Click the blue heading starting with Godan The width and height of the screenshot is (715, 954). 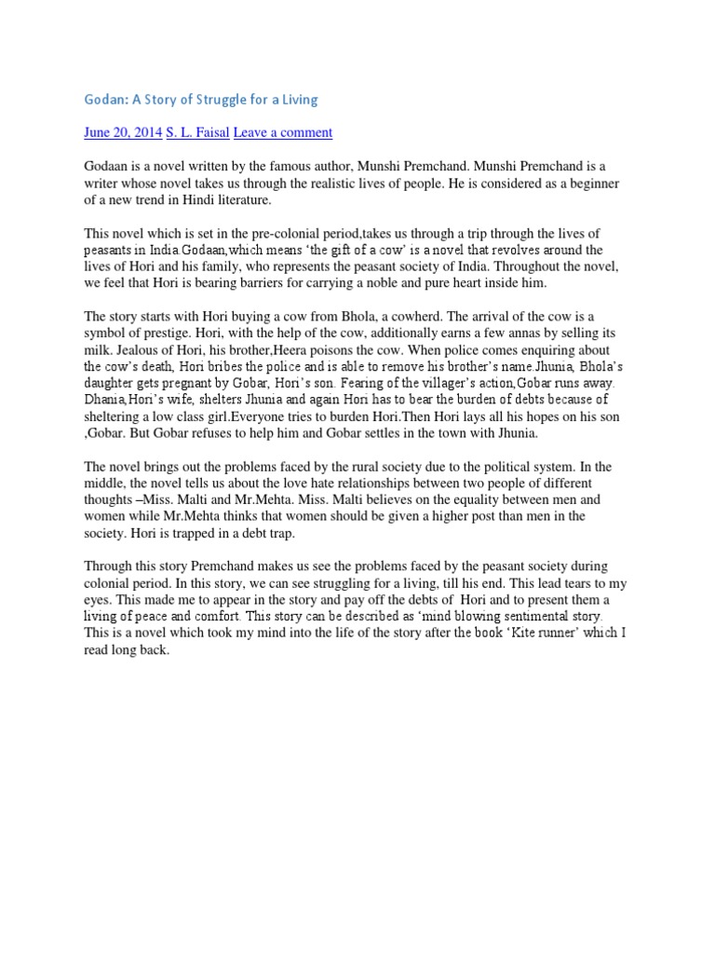201,99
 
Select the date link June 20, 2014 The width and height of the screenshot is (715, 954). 123,132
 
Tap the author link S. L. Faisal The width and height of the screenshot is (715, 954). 197,132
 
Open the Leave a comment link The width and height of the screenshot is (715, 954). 282,132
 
